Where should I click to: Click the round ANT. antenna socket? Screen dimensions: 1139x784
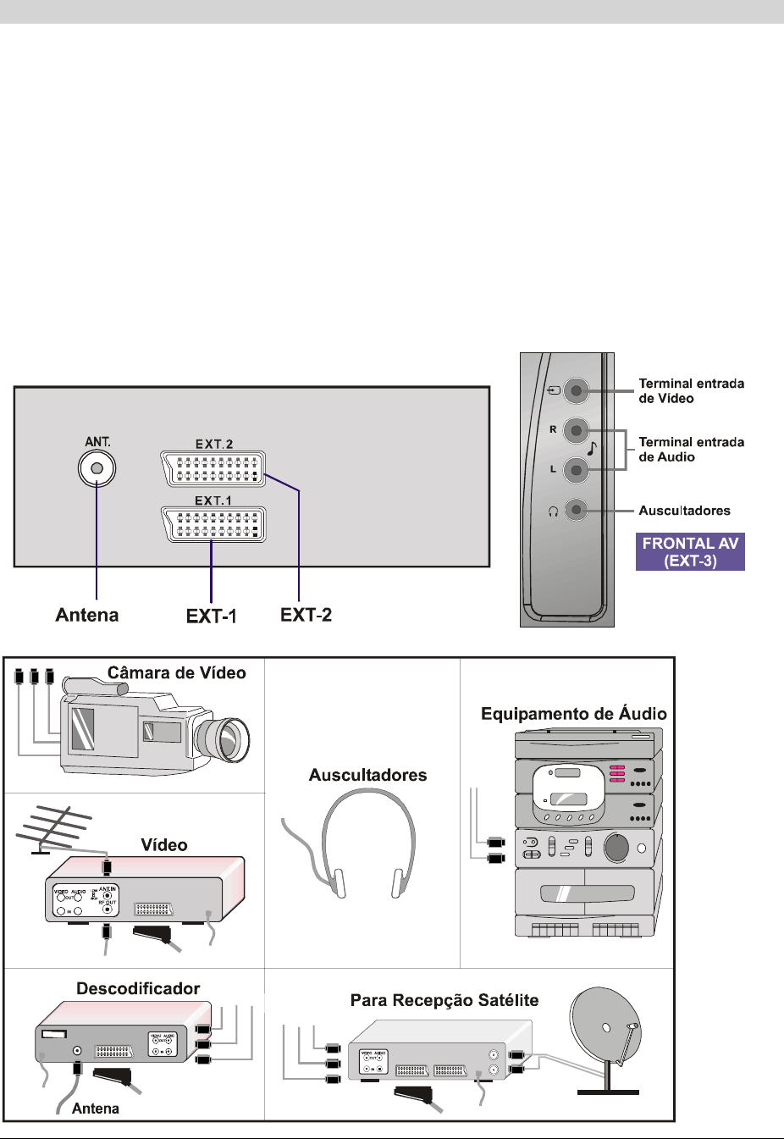(x=97, y=468)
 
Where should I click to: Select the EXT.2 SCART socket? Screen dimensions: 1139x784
(x=213, y=469)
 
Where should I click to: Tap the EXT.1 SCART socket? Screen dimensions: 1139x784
(x=213, y=525)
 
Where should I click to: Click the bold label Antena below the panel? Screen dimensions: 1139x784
(x=87, y=615)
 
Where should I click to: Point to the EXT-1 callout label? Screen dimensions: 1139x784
(x=211, y=616)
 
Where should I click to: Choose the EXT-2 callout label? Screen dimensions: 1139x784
(x=306, y=615)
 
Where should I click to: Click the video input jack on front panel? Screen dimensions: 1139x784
(x=576, y=390)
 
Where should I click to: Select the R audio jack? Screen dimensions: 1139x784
(x=576, y=430)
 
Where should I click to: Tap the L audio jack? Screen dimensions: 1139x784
(x=576, y=468)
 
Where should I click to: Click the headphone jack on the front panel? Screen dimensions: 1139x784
(x=576, y=510)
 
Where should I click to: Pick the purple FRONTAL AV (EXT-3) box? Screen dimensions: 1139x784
(x=690, y=552)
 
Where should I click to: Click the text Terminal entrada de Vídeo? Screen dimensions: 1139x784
(x=691, y=390)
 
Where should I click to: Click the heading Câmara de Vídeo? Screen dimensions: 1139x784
(x=176, y=673)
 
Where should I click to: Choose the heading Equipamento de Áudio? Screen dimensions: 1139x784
(x=573, y=714)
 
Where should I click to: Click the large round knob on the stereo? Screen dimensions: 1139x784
(x=616, y=847)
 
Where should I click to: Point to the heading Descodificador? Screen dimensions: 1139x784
(x=138, y=988)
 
